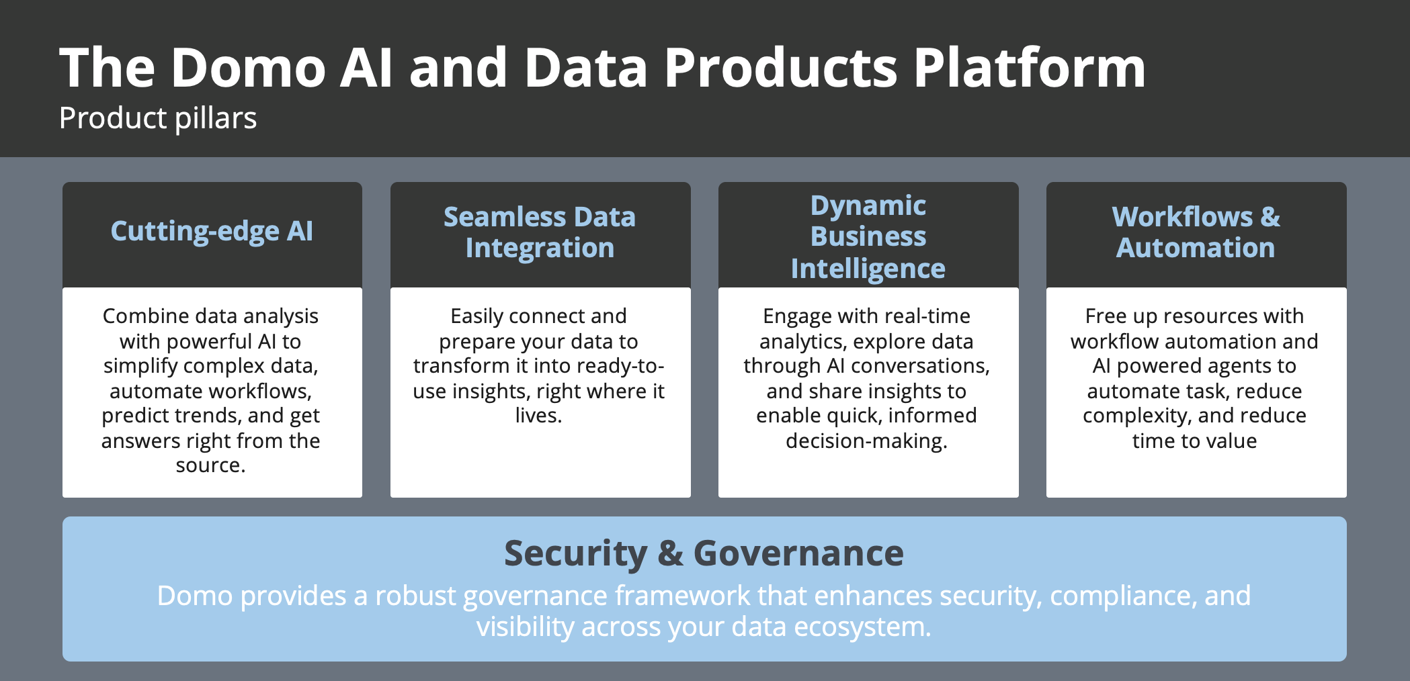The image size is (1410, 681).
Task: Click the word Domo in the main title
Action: point(247,68)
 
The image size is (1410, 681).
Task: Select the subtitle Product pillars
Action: point(158,118)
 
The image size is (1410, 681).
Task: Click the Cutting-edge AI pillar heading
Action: point(212,231)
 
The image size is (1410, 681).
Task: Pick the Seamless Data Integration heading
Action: point(540,232)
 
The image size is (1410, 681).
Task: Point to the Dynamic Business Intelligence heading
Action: point(868,236)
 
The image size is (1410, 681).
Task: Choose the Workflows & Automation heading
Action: point(1196,232)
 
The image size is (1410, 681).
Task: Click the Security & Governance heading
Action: point(704,553)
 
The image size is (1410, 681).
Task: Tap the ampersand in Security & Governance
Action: point(670,553)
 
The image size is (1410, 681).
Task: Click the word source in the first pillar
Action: point(210,465)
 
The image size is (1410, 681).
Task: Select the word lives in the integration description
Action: point(538,416)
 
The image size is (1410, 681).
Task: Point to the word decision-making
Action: point(866,441)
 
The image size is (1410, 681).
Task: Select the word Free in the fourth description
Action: point(1106,316)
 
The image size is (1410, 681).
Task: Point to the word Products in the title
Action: point(780,68)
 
